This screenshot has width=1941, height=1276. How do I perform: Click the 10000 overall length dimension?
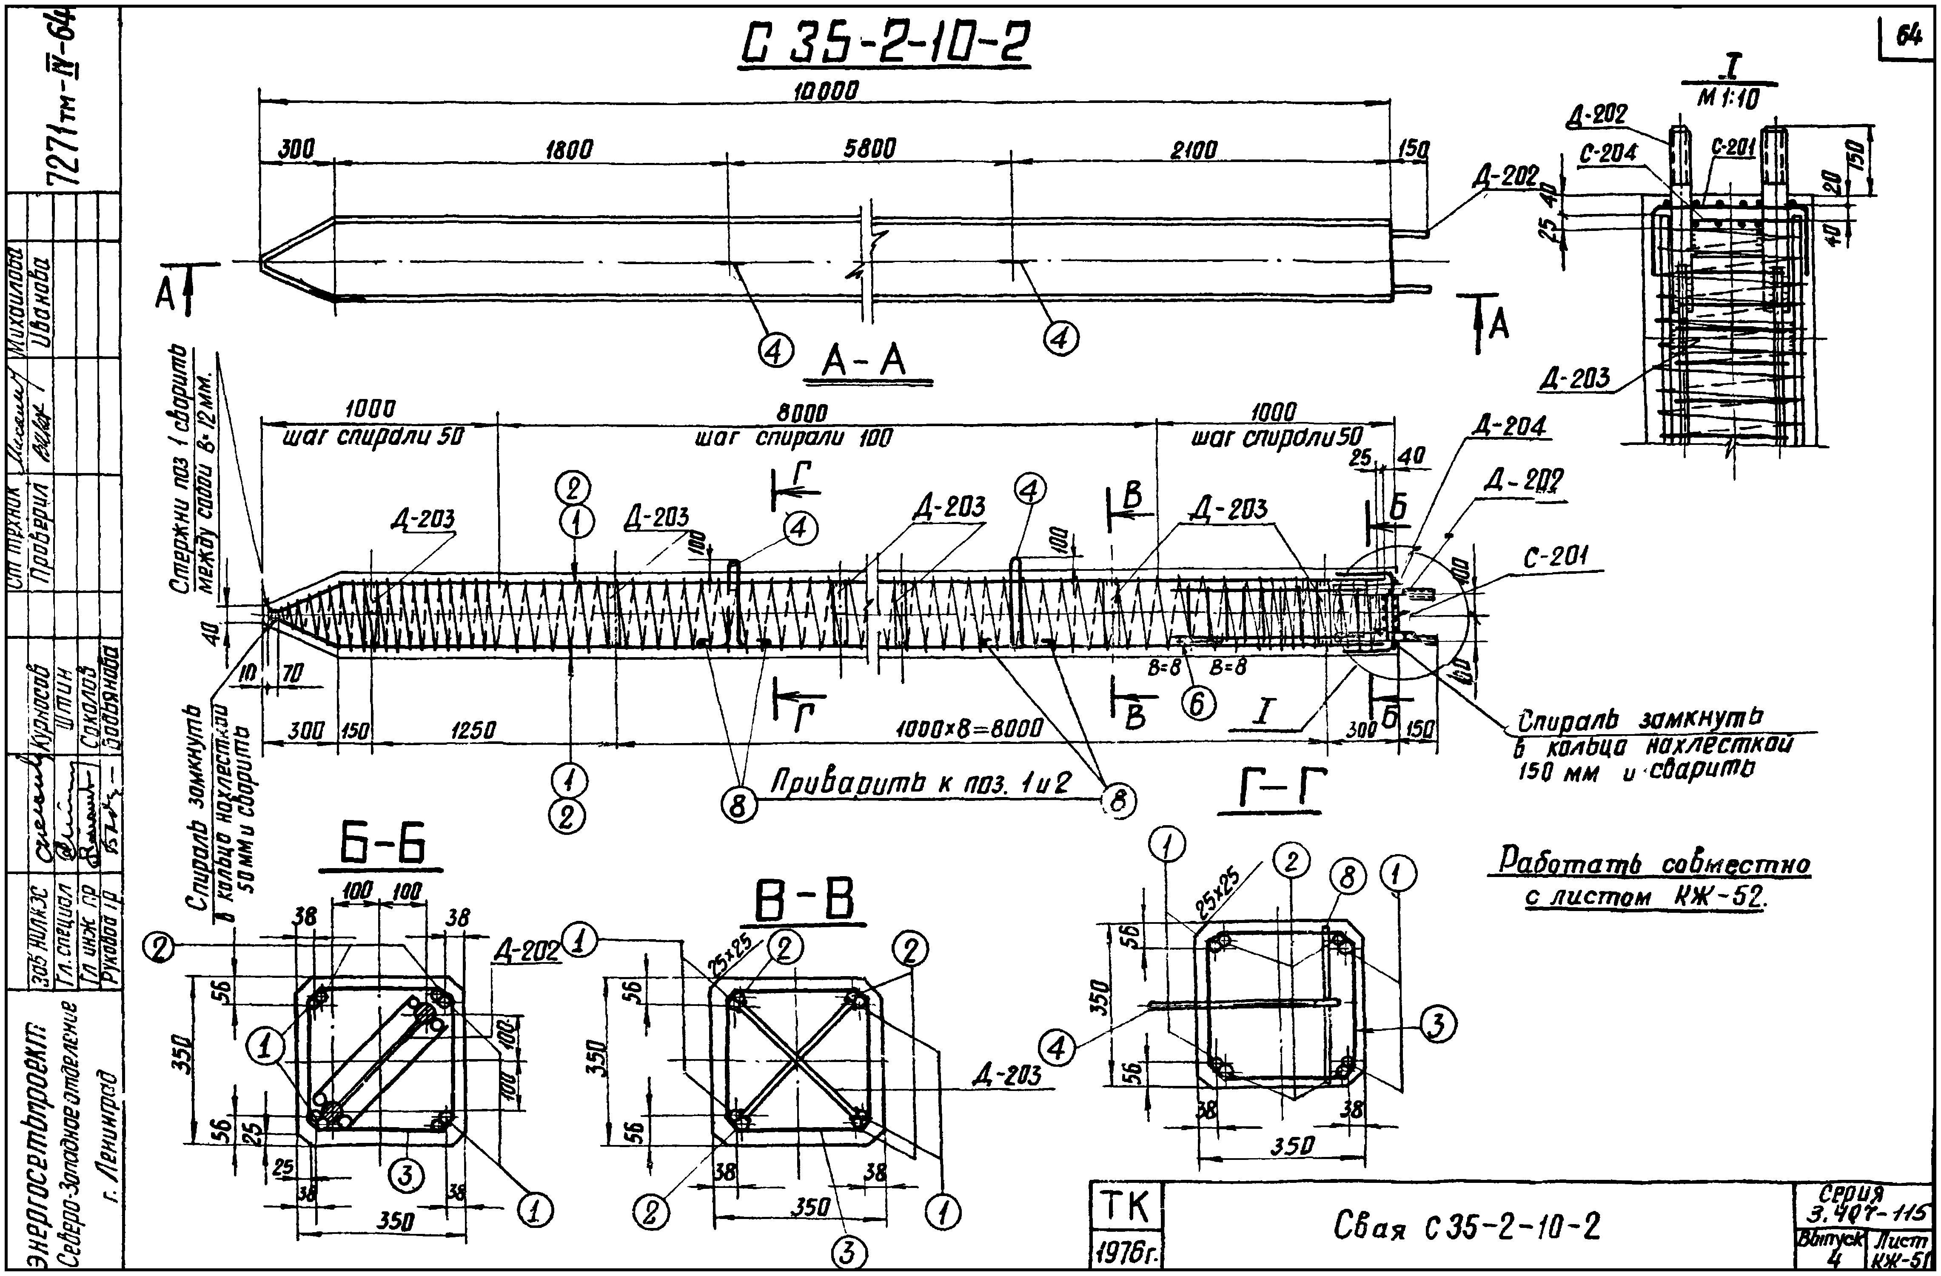(x=825, y=91)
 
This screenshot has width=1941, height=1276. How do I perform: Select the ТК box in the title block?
(x=1126, y=1207)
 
